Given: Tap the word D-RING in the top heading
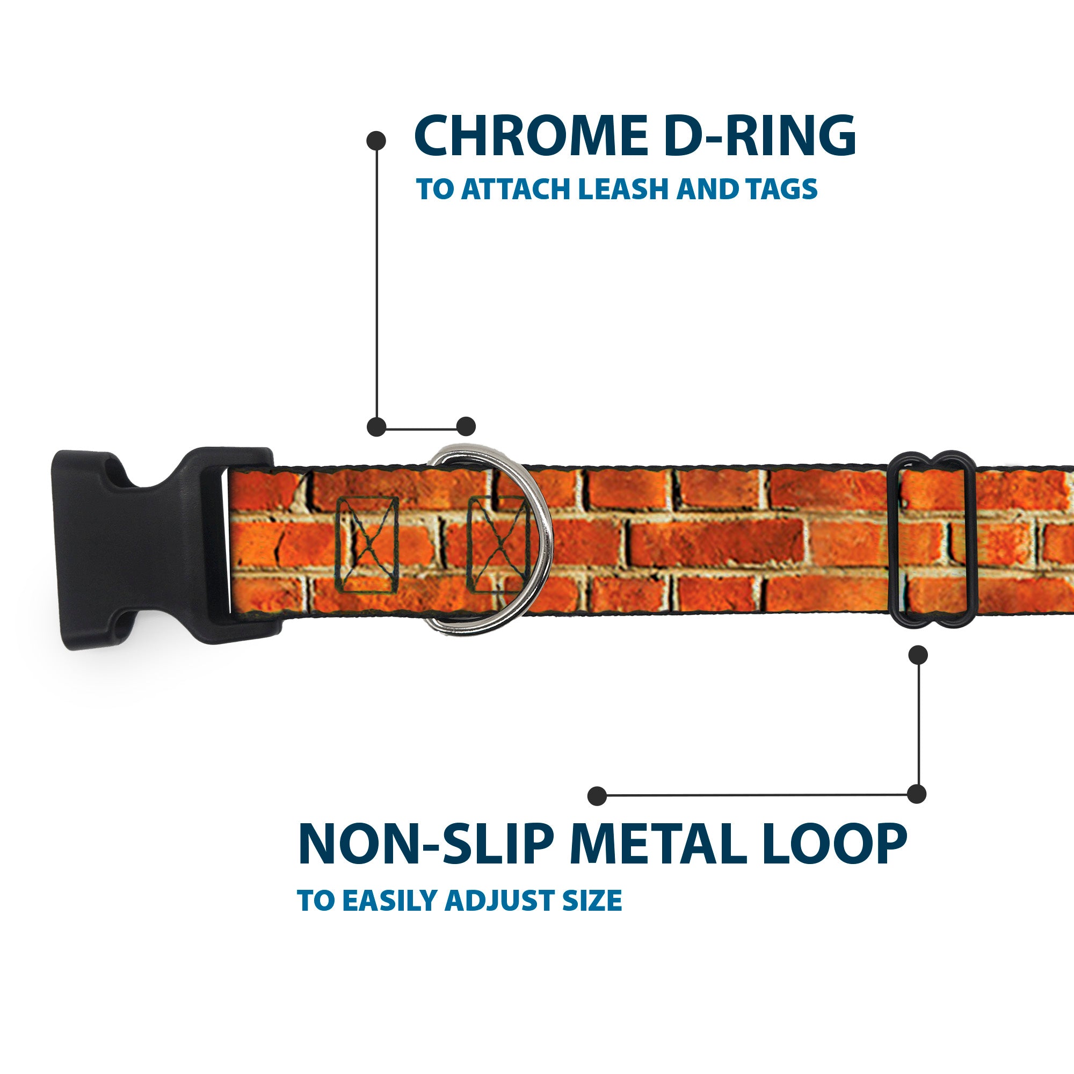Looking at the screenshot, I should pyautogui.click(x=759, y=136).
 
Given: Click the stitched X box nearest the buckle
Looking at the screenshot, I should pyautogui.click(x=367, y=544).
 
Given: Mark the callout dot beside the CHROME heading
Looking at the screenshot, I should pyautogui.click(x=376, y=141).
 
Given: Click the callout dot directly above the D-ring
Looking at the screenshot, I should pyautogui.click(x=466, y=426).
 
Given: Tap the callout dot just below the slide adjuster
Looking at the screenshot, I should pyautogui.click(x=918, y=655).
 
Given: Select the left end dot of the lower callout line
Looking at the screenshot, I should pyautogui.click(x=597, y=795).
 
